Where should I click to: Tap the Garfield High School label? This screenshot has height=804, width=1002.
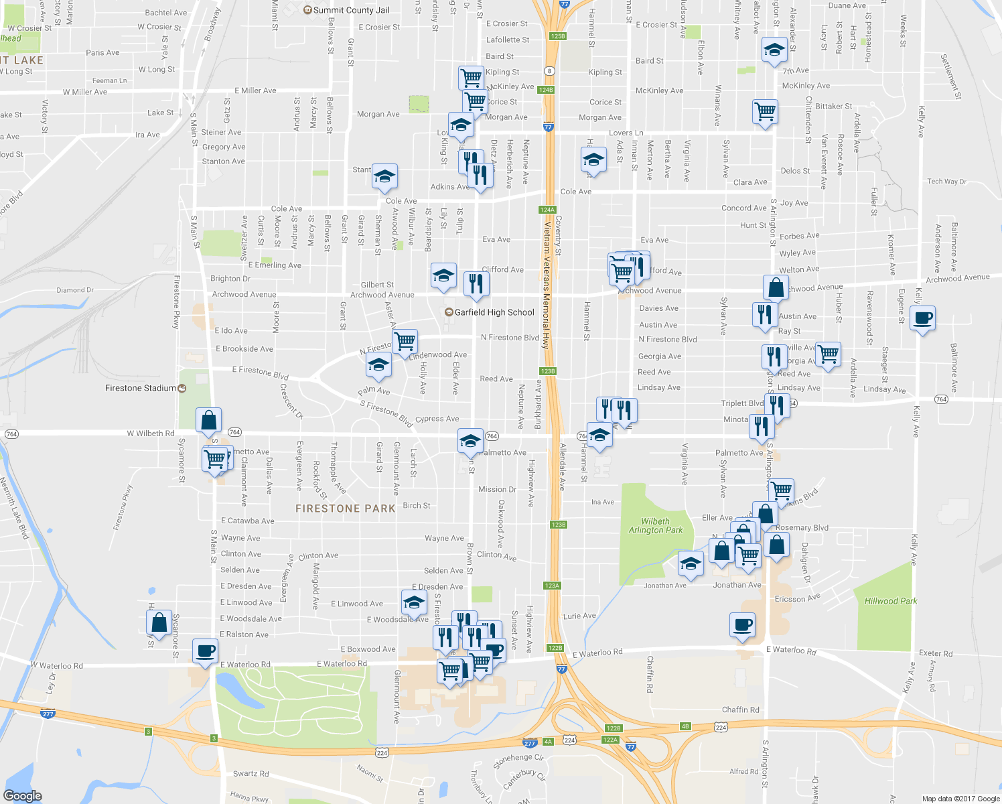pos(494,312)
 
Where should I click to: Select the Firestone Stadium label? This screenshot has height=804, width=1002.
pos(141,388)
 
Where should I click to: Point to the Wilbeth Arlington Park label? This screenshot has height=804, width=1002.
pos(655,525)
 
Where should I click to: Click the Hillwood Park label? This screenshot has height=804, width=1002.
pos(890,601)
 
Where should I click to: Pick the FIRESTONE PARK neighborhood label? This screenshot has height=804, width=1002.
pos(346,509)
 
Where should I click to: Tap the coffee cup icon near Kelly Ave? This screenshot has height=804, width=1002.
pos(923,318)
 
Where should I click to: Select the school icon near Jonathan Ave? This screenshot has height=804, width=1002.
pos(691,563)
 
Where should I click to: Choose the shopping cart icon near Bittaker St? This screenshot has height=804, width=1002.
pos(765,111)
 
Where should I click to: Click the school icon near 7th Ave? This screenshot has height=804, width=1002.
pos(774,50)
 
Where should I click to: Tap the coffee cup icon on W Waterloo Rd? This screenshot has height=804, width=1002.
pos(205,651)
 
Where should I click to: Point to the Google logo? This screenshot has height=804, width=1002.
pos(22,796)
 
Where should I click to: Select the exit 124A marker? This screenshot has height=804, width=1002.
pos(547,210)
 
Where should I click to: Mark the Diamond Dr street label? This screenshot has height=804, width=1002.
pos(75,290)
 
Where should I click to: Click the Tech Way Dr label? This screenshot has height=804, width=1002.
pos(946,182)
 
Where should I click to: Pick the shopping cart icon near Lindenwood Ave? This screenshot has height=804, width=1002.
pos(405,341)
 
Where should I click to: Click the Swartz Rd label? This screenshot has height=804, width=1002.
pos(250,774)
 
